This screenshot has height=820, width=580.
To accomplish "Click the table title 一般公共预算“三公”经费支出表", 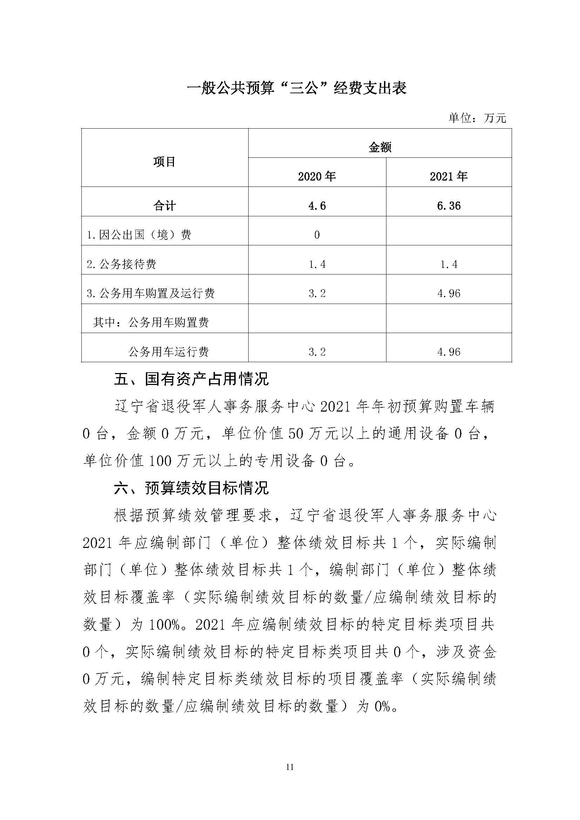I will pos(297,89).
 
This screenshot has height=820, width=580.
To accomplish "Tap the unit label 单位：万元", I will pos(477,118).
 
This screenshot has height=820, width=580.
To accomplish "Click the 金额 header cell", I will pos(380,147).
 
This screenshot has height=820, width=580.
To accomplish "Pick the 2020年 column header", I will pos(317,176).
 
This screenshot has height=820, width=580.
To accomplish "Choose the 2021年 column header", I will pos(449,176).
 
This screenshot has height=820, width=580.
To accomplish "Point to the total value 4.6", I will pos(317,206).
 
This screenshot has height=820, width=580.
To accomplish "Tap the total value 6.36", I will pos(449,206).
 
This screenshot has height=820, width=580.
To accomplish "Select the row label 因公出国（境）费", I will pos(139,235).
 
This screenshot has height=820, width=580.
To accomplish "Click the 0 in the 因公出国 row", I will pos(317,235).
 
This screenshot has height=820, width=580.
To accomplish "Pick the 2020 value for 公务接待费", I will pos(317,264).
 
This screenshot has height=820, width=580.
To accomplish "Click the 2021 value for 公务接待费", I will pos(449,264).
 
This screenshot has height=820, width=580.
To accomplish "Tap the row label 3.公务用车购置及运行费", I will pos(150,293).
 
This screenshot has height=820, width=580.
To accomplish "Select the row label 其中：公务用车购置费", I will pos(151,323).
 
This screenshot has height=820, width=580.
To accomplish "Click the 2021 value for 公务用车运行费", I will pos(449,352).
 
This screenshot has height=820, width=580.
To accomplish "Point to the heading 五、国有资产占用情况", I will pos(191,379).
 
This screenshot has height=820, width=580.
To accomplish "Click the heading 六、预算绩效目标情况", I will pos(191,488).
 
